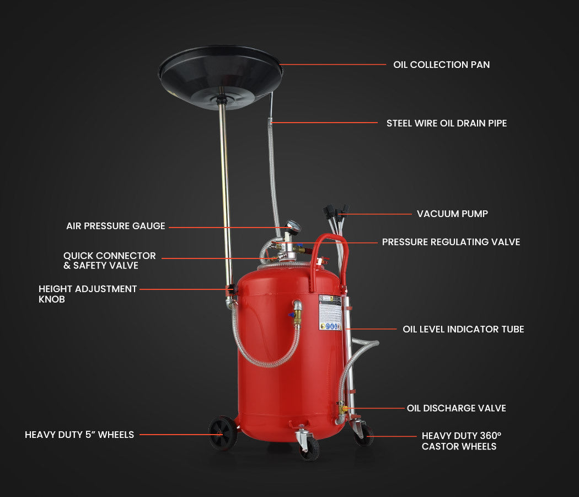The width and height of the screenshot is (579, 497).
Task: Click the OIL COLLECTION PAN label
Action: point(441,65)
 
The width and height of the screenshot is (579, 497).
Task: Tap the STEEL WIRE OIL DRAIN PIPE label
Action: point(446,123)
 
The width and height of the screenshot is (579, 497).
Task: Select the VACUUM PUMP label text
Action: point(452,214)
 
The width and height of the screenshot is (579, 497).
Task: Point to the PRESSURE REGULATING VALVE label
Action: point(451,242)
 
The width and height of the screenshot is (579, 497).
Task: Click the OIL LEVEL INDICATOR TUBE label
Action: point(463,329)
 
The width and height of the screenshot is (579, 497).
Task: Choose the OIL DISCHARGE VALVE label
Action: point(456,408)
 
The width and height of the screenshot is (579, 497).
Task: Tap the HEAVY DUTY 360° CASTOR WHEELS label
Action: point(461,441)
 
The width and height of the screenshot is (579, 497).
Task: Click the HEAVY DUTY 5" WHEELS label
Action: point(79,435)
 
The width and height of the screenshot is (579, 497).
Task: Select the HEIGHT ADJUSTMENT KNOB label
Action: point(88,294)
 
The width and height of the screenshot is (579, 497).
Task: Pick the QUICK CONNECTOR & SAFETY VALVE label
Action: point(109,261)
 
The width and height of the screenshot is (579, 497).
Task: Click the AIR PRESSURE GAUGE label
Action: point(116,226)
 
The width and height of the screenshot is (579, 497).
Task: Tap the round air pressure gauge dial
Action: point(293,226)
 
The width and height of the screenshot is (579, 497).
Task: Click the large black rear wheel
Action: point(223,433)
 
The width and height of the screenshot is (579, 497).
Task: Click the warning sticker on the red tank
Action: point(330,312)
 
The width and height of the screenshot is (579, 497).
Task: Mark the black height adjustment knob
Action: point(231,289)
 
